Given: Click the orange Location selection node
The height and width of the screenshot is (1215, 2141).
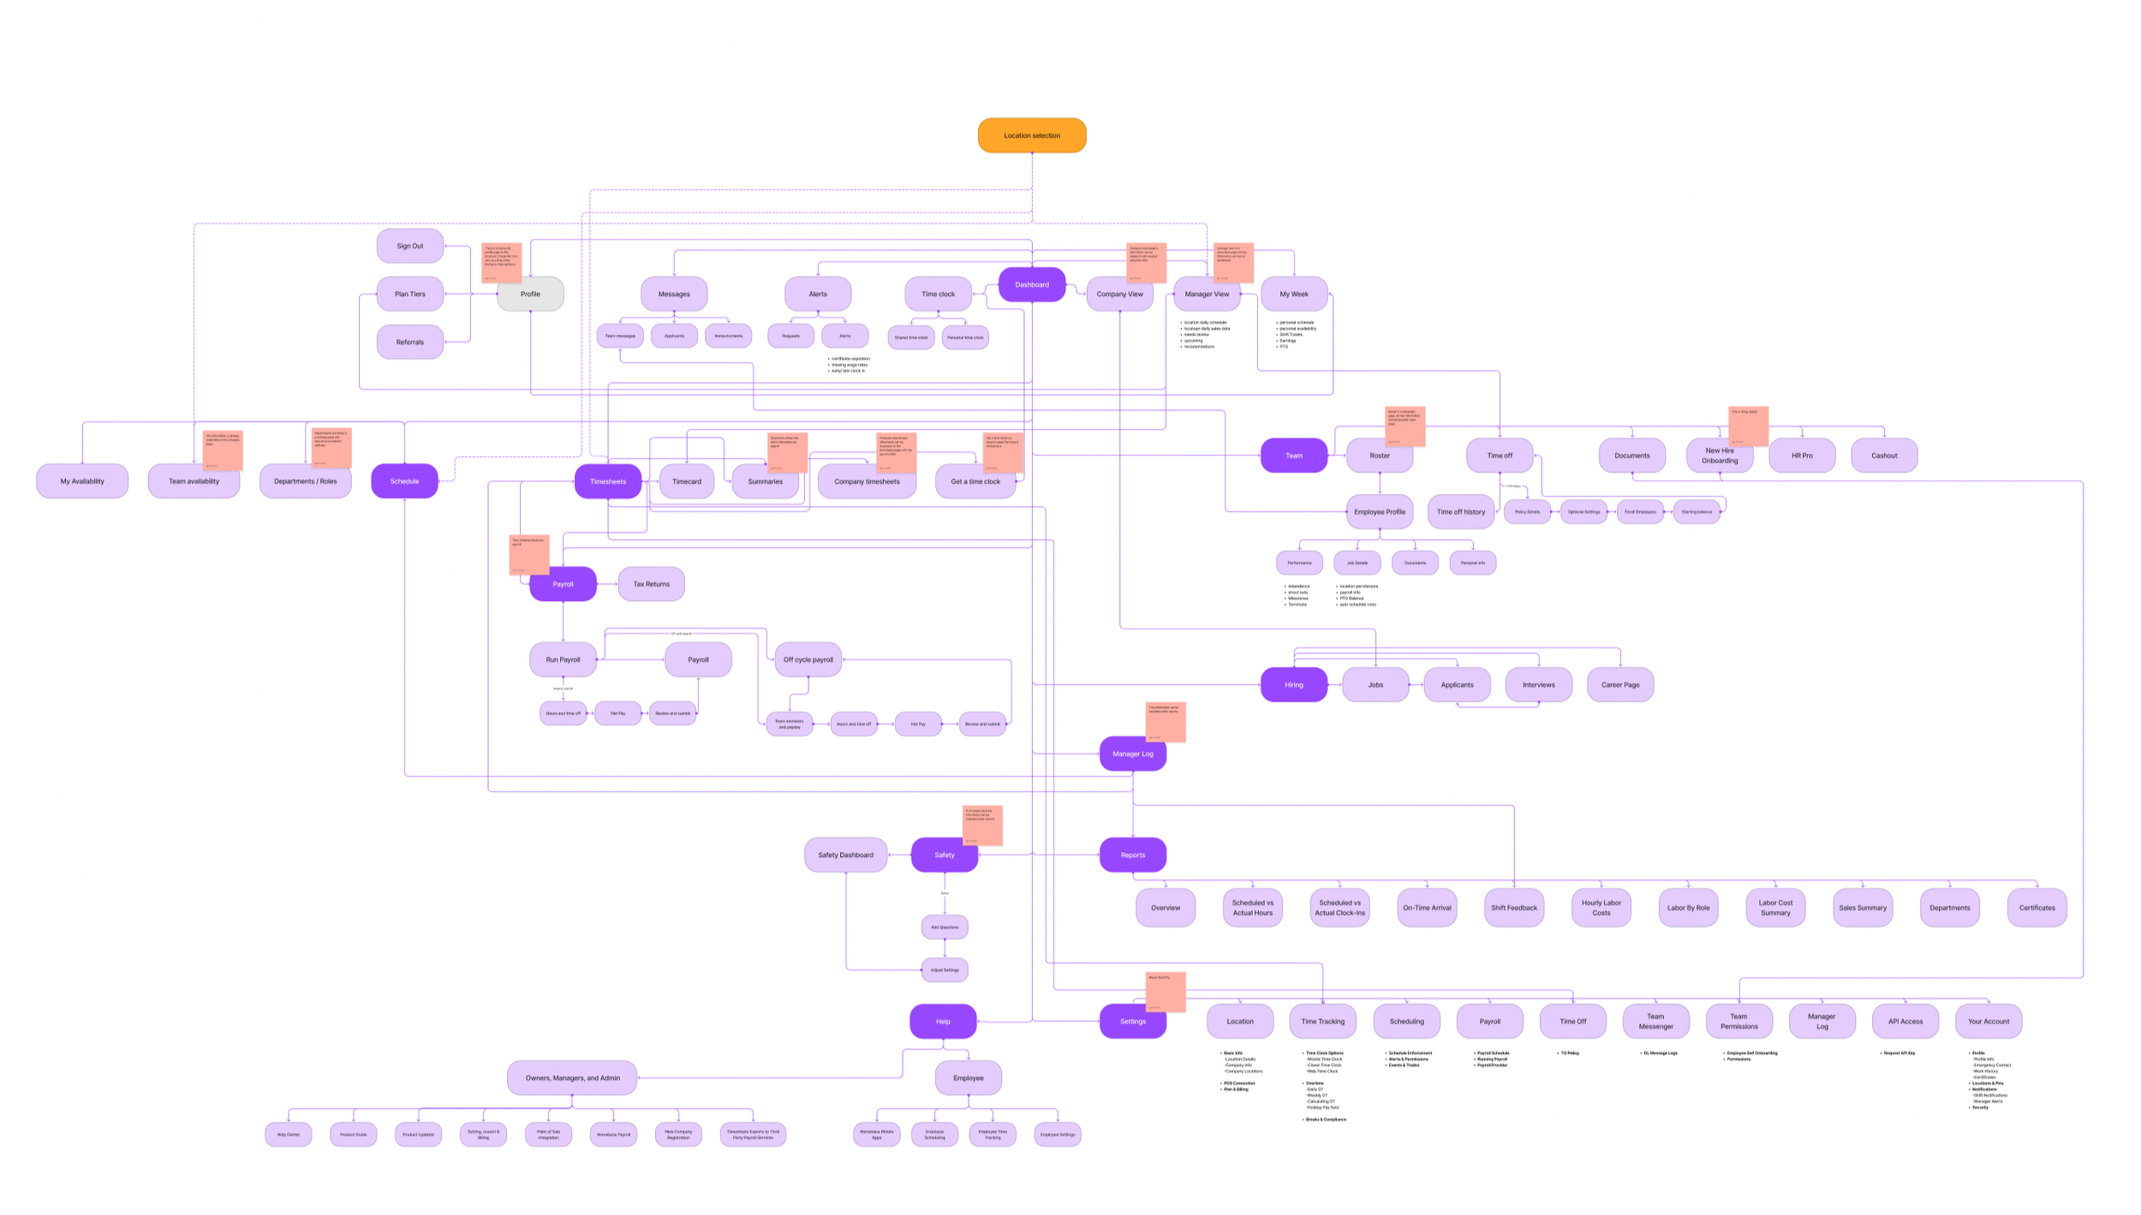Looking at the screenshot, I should point(1031,135).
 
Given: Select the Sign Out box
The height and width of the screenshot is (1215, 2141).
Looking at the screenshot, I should point(409,246).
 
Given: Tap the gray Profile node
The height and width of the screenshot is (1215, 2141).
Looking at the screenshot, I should point(530,294).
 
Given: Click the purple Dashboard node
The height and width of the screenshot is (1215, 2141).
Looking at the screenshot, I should point(1031,284).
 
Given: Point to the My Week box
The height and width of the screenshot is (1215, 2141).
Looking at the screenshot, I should point(1293,294).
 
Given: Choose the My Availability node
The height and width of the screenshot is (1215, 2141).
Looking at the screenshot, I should point(82,481).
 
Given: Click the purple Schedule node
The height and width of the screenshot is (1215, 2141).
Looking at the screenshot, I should point(404,481).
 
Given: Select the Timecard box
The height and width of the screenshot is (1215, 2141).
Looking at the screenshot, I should point(686,481).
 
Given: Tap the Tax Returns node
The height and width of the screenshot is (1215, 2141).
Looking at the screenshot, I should point(651,584).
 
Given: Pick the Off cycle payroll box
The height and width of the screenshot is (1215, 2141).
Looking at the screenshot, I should point(808,659).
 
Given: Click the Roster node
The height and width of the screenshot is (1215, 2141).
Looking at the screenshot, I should point(1379,456).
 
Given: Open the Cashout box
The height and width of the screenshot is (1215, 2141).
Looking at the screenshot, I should point(1883,456).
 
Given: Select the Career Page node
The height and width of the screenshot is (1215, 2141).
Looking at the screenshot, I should point(1619,685).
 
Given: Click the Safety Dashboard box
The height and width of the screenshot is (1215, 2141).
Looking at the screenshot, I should point(845,855).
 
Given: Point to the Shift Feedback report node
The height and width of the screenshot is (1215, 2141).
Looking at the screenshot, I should point(1513,908).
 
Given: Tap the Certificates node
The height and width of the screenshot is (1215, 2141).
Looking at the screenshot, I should point(2036,908).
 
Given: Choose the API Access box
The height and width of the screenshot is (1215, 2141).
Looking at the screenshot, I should point(1905,1021).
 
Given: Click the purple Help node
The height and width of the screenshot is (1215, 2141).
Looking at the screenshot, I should point(943,1021).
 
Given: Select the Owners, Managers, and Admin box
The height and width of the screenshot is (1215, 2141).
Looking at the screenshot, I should point(572,1078).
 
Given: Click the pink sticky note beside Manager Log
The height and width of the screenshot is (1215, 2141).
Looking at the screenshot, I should point(1165,722).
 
